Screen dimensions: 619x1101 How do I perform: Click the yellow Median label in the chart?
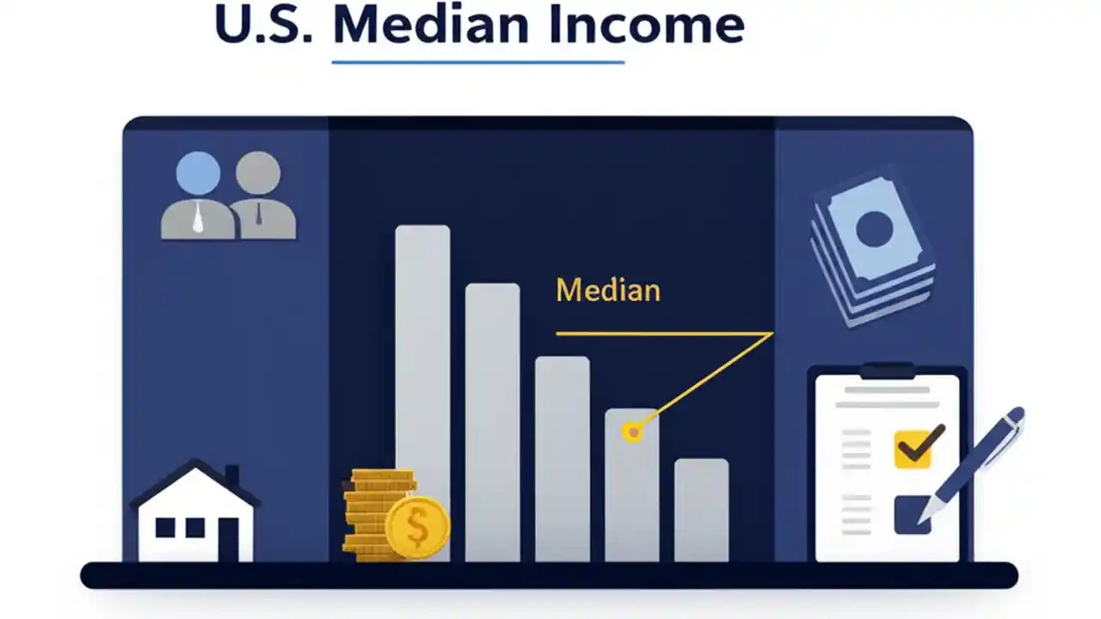[608, 291]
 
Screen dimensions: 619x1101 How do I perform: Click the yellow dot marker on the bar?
[633, 432]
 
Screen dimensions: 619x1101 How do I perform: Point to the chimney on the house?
[231, 475]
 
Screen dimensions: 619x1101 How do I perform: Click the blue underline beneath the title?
[477, 62]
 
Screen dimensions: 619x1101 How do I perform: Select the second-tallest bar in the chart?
[492, 421]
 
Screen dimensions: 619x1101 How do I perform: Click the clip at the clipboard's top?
[886, 371]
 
